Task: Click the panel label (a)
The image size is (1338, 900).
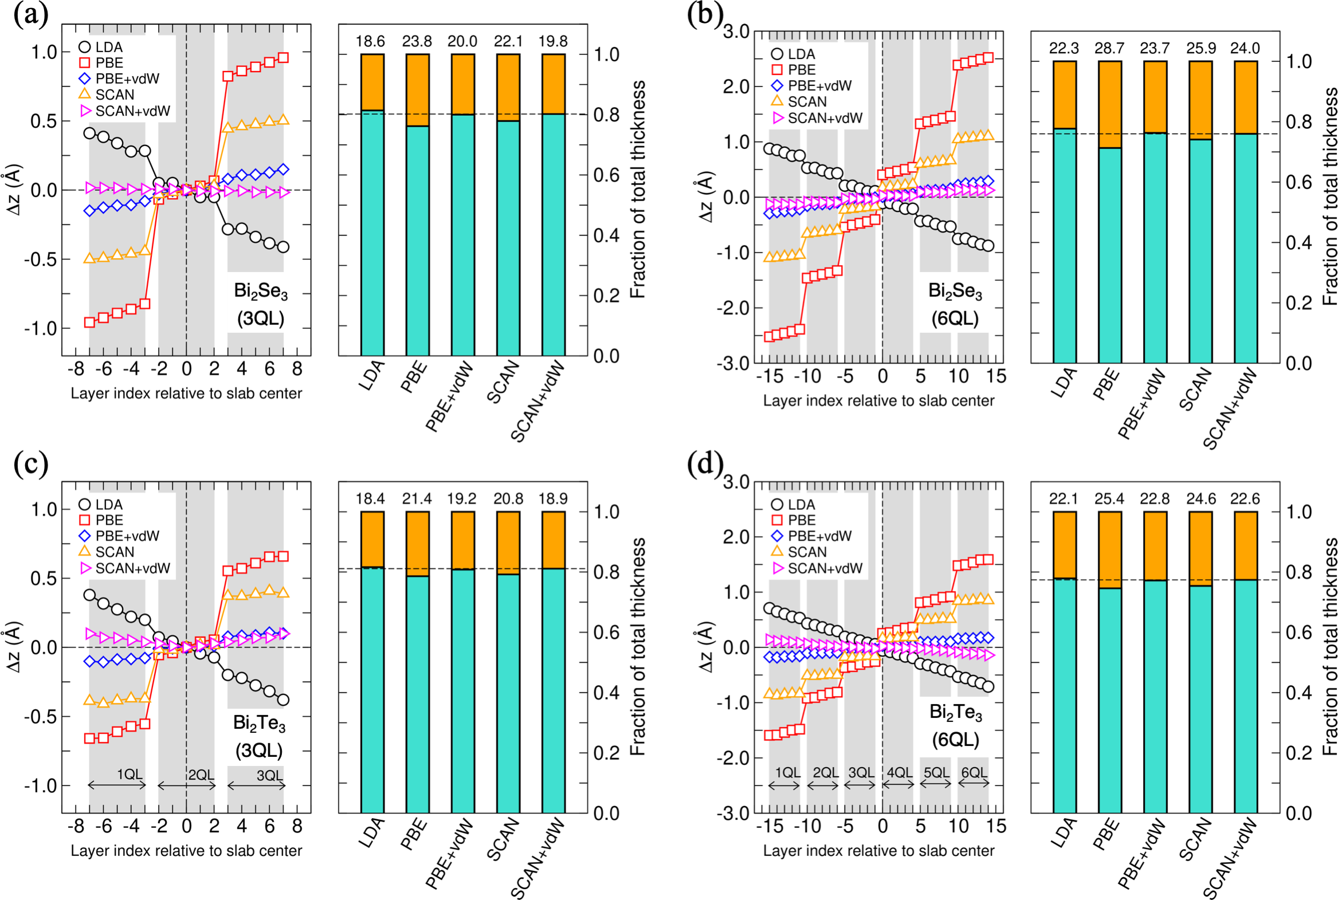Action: pyautogui.click(x=30, y=15)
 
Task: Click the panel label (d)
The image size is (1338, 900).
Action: pyautogui.click(x=705, y=465)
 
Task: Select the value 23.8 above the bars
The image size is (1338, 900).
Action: pyautogui.click(x=417, y=41)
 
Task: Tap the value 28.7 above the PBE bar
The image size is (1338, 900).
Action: pyautogui.click(x=1109, y=48)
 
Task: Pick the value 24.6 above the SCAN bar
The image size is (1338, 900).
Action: pyautogui.click(x=1201, y=499)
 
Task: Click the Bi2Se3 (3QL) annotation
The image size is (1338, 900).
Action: pyautogui.click(x=261, y=304)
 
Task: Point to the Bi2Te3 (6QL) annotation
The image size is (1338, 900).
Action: pyautogui.click(x=955, y=725)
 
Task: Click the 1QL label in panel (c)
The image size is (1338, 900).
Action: pyautogui.click(x=129, y=775)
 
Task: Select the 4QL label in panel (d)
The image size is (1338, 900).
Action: pyautogui.click(x=899, y=773)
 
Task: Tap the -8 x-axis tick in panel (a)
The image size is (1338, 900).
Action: pyautogui.click(x=76, y=369)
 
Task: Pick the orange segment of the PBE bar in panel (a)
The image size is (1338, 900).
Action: pyautogui.click(x=417, y=90)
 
